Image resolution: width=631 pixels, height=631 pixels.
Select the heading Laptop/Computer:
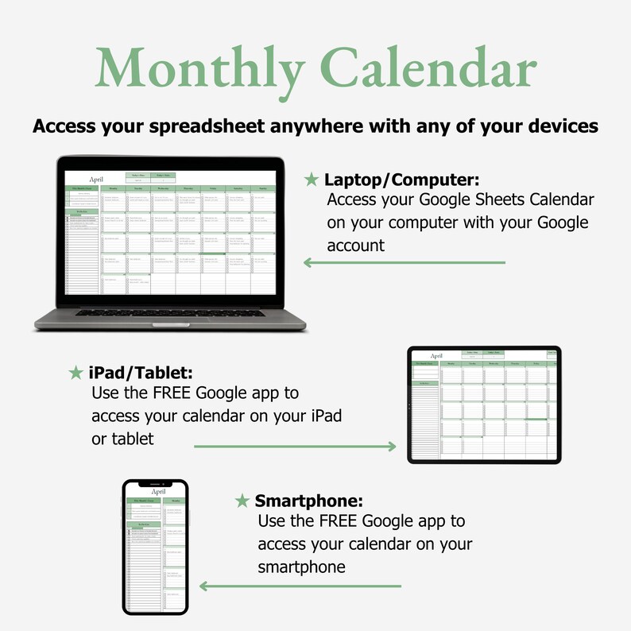pyautogui.click(x=401, y=180)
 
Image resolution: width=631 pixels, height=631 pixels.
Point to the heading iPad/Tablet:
pyautogui.click(x=141, y=373)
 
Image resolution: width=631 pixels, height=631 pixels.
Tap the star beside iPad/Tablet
pyautogui.click(x=76, y=373)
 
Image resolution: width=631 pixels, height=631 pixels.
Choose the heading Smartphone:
pyautogui.click(x=309, y=501)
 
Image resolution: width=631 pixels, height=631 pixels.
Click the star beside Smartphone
pyautogui.click(x=242, y=501)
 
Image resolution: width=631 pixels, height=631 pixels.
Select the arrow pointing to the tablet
pyautogui.click(x=295, y=447)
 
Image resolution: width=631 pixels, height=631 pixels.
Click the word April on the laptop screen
pyautogui.click(x=97, y=180)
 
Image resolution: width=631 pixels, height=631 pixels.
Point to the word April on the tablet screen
pyautogui.click(x=436, y=356)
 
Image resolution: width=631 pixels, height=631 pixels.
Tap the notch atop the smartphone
pyautogui.click(x=155, y=483)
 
